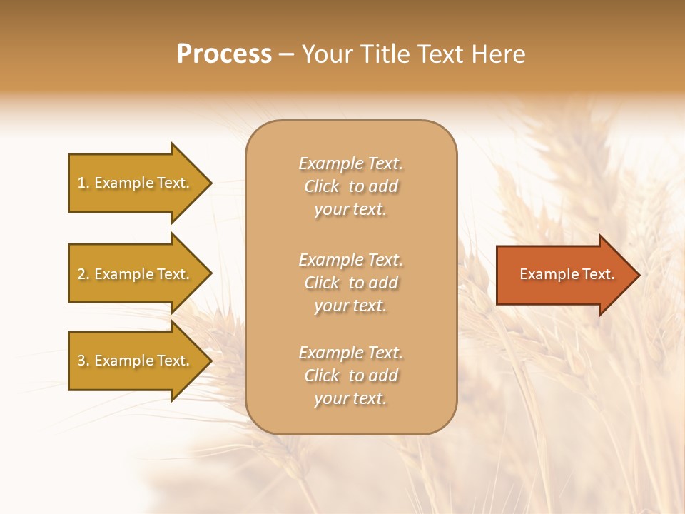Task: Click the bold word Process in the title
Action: (224, 54)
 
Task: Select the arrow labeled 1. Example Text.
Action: (136, 183)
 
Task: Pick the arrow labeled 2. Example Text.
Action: (136, 274)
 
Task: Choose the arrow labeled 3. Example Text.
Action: (136, 361)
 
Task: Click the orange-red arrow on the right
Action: (564, 275)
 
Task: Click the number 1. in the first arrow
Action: (83, 183)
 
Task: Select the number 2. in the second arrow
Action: (83, 275)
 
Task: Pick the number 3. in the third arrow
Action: (83, 361)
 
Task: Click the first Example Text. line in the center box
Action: (350, 163)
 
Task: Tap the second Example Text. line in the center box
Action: (350, 260)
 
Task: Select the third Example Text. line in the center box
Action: (350, 353)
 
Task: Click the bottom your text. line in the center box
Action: (350, 399)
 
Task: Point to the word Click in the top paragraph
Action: (322, 186)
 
